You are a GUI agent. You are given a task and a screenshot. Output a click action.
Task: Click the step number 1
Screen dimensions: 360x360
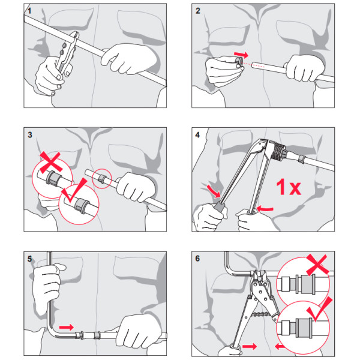29,11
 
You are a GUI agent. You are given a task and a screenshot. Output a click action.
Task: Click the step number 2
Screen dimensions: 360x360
197,11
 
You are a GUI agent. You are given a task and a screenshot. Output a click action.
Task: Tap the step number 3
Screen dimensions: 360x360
30,135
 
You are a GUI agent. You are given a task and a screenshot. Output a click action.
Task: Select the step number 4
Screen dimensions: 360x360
197,135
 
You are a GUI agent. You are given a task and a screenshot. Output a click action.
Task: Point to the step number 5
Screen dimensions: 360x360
29,259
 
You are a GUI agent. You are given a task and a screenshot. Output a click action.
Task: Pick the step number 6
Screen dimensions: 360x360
197,259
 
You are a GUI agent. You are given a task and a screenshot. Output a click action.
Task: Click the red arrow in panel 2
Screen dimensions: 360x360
241,55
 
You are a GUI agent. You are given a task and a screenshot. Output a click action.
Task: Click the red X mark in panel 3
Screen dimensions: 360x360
51,163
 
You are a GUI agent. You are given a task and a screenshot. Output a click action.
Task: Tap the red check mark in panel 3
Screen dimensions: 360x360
74,190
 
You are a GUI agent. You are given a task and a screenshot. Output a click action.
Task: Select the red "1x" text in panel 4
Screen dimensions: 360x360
289,187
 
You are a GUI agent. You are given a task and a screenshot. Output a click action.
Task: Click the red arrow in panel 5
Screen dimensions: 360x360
67,327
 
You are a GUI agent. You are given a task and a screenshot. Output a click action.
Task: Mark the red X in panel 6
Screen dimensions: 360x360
317,265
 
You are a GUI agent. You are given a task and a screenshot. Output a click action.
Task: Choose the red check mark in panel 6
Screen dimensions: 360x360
320,309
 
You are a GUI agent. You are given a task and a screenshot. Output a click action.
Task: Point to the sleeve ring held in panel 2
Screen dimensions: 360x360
239,62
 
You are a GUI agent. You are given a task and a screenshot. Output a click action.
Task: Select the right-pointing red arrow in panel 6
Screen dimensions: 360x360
250,346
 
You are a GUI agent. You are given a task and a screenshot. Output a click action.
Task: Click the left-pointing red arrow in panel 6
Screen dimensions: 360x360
280,346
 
